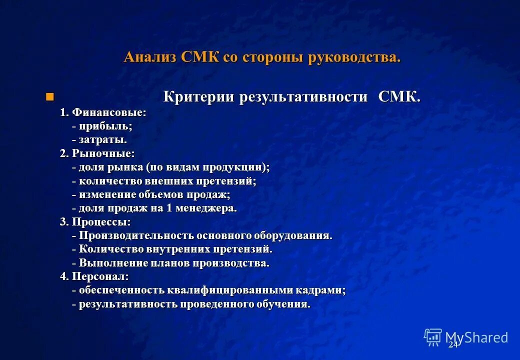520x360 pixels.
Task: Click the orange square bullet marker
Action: pos(49,96)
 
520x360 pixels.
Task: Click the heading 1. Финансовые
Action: pos(103,112)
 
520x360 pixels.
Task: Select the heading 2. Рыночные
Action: pos(97,153)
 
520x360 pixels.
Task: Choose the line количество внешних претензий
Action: pos(164,181)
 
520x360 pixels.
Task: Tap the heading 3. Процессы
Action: pos(95,221)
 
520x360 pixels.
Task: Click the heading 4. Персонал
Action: pos(94,276)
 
